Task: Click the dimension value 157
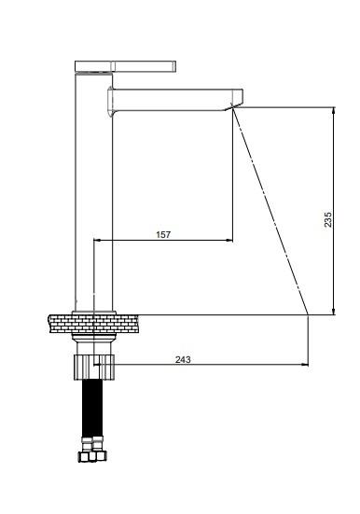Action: pyautogui.click(x=163, y=235)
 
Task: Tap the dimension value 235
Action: pyautogui.click(x=328, y=219)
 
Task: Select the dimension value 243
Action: pyautogui.click(x=183, y=359)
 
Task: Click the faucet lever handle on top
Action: pyautogui.click(x=125, y=66)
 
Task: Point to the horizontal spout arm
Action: pyautogui.click(x=175, y=100)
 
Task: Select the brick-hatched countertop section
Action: pyautogui.click(x=93, y=324)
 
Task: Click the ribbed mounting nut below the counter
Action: pyautogui.click(x=94, y=367)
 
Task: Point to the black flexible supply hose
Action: pyautogui.click(x=92, y=408)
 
